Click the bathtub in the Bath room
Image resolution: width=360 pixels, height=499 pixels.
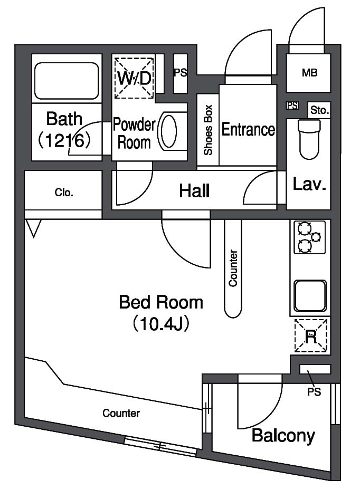pos(67,81)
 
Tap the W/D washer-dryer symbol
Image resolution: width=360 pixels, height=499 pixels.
pos(134,78)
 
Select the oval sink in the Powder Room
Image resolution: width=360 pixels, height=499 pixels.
pos(168,130)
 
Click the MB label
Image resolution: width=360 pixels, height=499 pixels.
pos(310,73)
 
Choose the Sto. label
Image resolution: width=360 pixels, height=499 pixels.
pos(319,110)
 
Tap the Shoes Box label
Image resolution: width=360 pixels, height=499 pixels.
pos(208,130)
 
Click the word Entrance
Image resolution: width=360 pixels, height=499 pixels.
pos(248,129)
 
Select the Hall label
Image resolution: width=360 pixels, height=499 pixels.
pos(194,191)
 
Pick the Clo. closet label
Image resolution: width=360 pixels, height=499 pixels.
pos(64,193)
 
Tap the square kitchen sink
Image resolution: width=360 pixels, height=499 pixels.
pos(310,296)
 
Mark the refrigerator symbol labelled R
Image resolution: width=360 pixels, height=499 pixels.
pos(311,335)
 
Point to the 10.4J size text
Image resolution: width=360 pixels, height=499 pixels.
pos(161,324)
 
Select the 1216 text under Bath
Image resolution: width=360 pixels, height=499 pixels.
pos(65,140)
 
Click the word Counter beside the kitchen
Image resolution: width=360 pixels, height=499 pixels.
pos(233,268)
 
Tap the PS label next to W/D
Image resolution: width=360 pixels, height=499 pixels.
pos(181,73)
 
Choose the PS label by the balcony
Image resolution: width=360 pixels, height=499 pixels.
pos(314,392)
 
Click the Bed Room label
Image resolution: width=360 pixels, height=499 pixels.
pos(161,302)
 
